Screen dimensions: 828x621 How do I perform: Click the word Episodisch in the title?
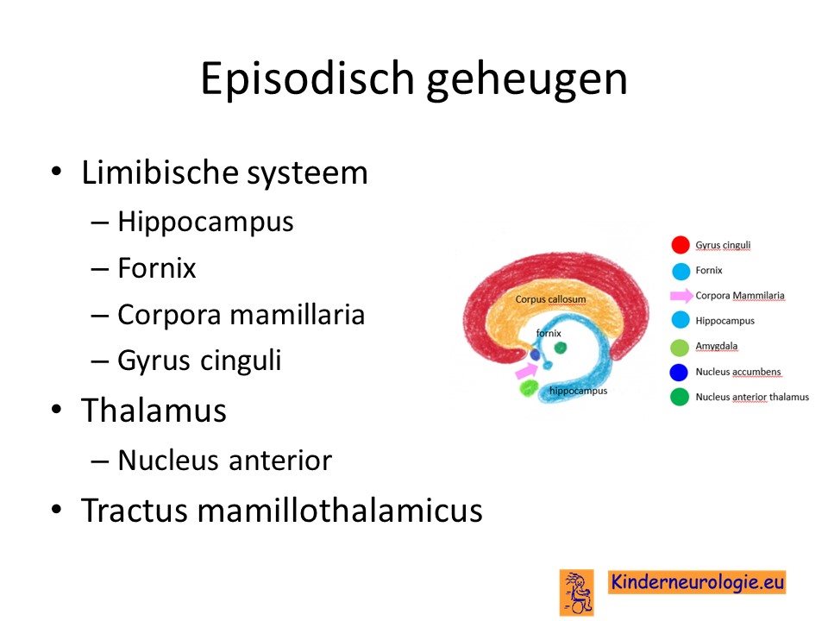coord(307,79)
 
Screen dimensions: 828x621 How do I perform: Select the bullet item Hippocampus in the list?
coord(205,223)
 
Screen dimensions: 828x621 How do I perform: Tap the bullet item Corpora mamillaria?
coord(241,316)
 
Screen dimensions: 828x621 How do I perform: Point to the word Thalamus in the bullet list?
coord(154,411)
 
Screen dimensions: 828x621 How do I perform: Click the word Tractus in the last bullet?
coord(135,510)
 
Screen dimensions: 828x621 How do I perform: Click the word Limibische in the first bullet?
coord(160,172)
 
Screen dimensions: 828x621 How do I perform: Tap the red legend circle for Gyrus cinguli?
coord(681,245)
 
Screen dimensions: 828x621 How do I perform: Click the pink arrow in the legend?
coord(681,296)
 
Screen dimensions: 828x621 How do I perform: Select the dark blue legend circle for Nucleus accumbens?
coord(679,372)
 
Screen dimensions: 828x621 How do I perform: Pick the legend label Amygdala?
coord(716,346)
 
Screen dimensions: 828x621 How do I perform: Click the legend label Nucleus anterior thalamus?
coord(752,397)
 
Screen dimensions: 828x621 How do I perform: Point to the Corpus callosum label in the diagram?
coord(550,299)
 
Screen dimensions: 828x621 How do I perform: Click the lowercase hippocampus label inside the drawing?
coord(578,391)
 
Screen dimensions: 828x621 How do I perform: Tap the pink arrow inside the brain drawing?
coord(526,371)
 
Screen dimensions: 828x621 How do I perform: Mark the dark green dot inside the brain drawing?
coord(561,348)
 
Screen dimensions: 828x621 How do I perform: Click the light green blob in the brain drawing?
coord(529,388)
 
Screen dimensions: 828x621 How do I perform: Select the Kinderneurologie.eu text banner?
coord(697,582)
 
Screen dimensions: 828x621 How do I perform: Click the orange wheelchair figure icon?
coord(577,592)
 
